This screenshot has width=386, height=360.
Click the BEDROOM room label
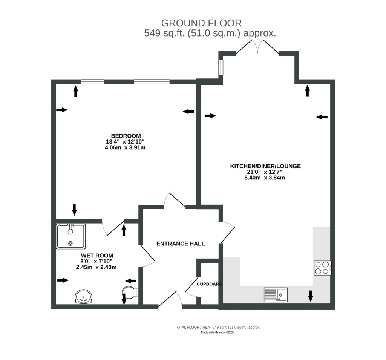126,136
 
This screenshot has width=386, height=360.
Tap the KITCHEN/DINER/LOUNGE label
266,166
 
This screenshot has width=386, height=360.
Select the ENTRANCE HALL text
181,244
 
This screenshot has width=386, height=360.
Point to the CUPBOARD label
210,284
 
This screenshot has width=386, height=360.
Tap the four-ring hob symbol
323,268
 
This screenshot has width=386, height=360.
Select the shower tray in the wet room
71,236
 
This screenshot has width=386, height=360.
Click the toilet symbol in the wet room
130,292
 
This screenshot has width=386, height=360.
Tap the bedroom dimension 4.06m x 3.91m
126,148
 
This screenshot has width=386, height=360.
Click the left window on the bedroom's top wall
93,81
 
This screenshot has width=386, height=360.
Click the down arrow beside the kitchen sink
311,296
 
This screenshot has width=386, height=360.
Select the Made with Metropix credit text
218,332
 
